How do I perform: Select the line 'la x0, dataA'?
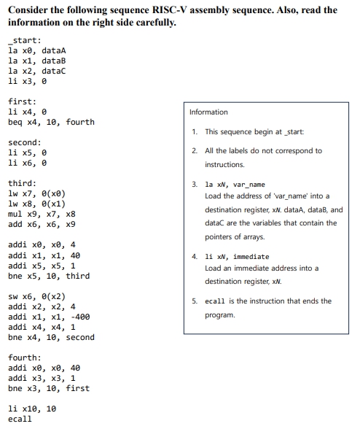[x=36, y=51]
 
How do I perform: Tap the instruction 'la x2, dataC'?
[x=36, y=71]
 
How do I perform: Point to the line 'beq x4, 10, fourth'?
[x=51, y=122]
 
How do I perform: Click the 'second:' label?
[x=24, y=142]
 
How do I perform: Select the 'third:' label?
[x=22, y=183]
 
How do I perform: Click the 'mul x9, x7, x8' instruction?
[x=42, y=214]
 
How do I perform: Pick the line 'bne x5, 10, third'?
[x=49, y=276]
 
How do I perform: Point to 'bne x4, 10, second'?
[x=51, y=338]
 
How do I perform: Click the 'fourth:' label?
[x=24, y=358]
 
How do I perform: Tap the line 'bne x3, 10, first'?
[x=49, y=389]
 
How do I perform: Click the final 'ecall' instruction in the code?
[x=20, y=420]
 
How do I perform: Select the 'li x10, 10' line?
[x=31, y=409]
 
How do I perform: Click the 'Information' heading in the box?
[x=208, y=112]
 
